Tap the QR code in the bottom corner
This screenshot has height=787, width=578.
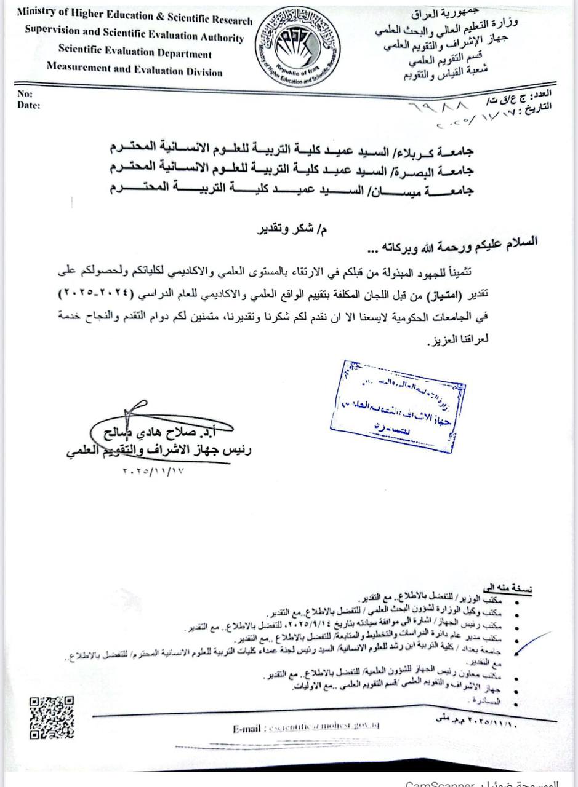pos(51,718)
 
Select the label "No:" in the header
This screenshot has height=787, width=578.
pos(25,94)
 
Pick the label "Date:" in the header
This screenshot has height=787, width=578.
pos(28,105)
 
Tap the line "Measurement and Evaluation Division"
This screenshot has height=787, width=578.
pos(134,71)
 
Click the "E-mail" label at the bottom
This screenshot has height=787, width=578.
pos(248,729)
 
